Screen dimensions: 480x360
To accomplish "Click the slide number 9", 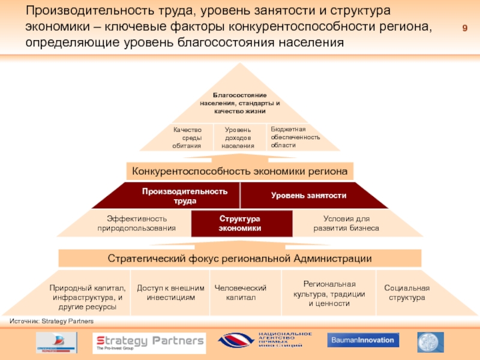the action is pyautogui.click(x=464, y=30).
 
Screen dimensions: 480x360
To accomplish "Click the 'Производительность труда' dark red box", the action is pyautogui.click(x=185, y=196).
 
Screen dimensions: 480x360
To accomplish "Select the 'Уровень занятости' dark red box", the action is pyautogui.click(x=308, y=196).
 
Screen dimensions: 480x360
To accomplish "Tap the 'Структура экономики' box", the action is pyautogui.click(x=240, y=223).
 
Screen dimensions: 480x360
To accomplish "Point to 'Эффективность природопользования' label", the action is pyautogui.click(x=137, y=223).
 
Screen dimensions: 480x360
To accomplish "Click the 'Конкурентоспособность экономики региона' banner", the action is pyautogui.click(x=240, y=171).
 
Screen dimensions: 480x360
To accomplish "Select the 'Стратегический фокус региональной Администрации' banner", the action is pyautogui.click(x=240, y=259).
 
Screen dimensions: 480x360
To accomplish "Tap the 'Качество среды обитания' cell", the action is pyautogui.click(x=187, y=137).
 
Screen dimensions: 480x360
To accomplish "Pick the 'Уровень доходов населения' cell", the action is pyautogui.click(x=238, y=137).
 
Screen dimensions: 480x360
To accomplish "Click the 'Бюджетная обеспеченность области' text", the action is pyautogui.click(x=295, y=137).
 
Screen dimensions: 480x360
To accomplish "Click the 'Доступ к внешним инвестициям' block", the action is pyautogui.click(x=170, y=293).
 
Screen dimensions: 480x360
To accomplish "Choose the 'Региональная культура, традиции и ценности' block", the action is pyautogui.click(x=329, y=293).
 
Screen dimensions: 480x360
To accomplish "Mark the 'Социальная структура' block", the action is pyautogui.click(x=407, y=293).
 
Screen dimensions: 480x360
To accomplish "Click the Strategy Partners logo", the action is pyautogui.click(x=149, y=343).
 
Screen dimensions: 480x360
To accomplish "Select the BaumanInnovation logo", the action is pyautogui.click(x=363, y=340).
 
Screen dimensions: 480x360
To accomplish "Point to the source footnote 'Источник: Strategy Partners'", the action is pyautogui.click(x=52, y=322).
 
